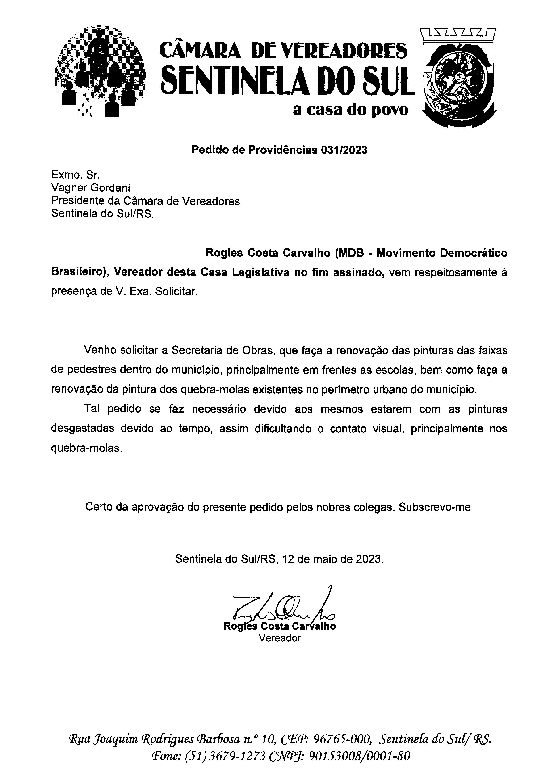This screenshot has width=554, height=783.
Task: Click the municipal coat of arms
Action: tap(458, 78)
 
